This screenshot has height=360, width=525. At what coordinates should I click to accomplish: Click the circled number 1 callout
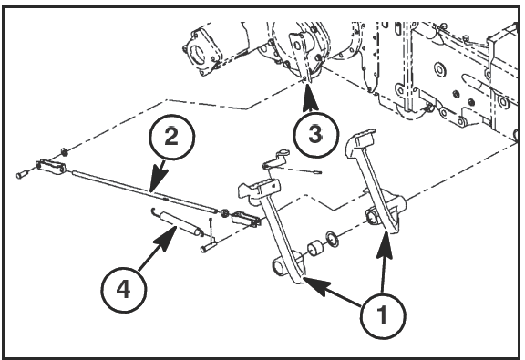(383, 315)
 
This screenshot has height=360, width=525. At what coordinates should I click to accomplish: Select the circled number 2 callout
(171, 137)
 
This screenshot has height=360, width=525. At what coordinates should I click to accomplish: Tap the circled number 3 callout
(315, 134)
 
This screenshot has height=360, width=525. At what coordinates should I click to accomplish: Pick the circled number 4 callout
(124, 290)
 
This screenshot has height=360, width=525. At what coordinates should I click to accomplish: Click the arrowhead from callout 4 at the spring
(167, 238)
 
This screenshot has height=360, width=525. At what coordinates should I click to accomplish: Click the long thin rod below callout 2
(145, 190)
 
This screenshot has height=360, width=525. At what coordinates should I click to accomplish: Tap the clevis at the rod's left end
(51, 166)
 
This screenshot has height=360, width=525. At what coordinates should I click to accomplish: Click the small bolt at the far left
(22, 174)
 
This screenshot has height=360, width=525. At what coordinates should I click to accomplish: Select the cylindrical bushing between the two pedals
(315, 249)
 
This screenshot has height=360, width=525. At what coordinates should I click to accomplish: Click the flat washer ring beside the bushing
(332, 239)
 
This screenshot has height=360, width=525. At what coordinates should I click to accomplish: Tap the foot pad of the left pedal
(258, 190)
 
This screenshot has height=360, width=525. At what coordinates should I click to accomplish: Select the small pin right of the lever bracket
(316, 172)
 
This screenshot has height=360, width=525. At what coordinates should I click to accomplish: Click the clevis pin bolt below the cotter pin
(208, 248)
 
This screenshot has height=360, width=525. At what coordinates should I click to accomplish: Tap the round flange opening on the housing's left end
(196, 54)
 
